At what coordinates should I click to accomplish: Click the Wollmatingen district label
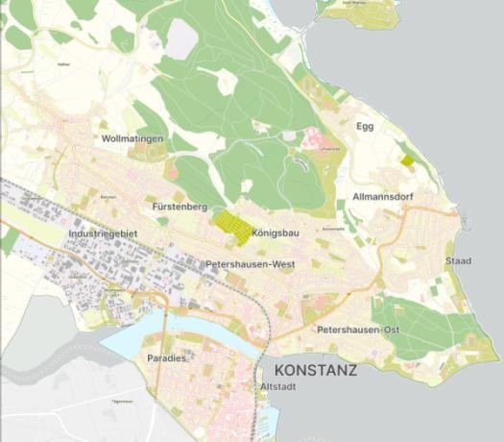[x=132, y=139]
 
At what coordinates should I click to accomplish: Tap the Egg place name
[x=365, y=126]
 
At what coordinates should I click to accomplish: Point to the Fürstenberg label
[x=180, y=207]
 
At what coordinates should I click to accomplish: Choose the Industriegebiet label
[x=105, y=233]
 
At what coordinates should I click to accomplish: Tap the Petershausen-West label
[x=251, y=263]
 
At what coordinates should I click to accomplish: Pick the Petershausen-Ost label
[x=357, y=330]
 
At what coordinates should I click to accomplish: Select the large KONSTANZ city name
[x=316, y=370]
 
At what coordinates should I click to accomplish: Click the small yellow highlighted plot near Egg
[x=407, y=160]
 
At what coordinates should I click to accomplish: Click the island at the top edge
[x=358, y=12]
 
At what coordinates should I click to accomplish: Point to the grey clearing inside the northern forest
[x=181, y=38]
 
